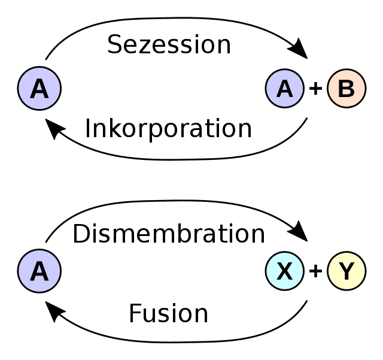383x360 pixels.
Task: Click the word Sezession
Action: [169, 45]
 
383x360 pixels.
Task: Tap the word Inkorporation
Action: [168, 129]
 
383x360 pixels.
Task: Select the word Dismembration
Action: [168, 234]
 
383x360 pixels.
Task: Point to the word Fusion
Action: [168, 314]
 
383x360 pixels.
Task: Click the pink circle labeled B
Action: [346, 89]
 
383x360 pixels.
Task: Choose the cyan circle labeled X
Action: [285, 271]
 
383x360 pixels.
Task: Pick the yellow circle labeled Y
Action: [346, 271]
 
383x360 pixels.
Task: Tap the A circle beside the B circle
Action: [285, 89]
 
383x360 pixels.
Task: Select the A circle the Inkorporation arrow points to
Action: [39, 89]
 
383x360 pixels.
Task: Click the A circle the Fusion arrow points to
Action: [39, 271]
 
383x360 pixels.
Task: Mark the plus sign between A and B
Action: [315, 89]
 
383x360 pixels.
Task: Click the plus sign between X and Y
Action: [315, 272]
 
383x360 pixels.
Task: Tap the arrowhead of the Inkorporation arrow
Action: [54, 129]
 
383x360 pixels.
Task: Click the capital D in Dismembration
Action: [81, 234]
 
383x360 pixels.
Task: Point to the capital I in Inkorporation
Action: [89, 129]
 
